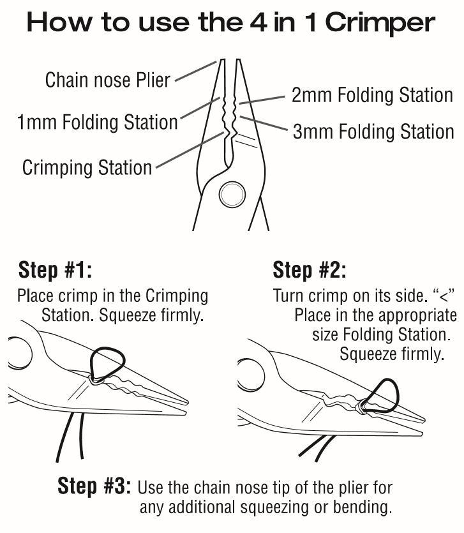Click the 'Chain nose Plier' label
pyautogui.click(x=108, y=80)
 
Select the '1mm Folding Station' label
pyautogui.click(x=97, y=121)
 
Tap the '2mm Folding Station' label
pyautogui.click(x=372, y=95)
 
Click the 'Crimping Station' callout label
pyautogui.click(x=87, y=168)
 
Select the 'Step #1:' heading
pyautogui.click(x=56, y=270)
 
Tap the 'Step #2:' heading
pyautogui.click(x=310, y=270)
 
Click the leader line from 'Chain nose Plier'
pyautogui.click(x=194, y=71)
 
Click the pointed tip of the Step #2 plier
pyautogui.click(x=424, y=420)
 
